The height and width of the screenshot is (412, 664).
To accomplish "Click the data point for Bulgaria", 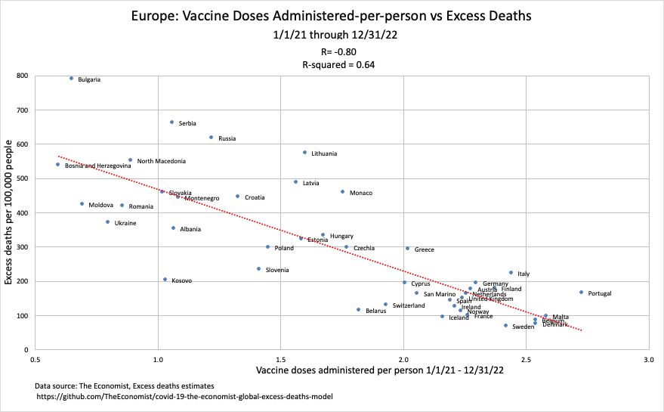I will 72,78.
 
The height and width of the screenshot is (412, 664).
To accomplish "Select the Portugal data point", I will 581,293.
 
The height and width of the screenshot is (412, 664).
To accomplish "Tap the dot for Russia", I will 212,138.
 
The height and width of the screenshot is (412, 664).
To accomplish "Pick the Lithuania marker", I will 304,152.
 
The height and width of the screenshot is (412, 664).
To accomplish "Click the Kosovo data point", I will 165,280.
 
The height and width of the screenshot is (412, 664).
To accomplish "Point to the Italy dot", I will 511,273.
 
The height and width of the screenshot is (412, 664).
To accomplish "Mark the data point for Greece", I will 407,249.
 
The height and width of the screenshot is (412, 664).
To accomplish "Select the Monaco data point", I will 342,192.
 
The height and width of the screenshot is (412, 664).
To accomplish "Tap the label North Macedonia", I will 161,161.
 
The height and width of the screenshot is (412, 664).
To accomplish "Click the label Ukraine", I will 125,223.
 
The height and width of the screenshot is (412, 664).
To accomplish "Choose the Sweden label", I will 523,327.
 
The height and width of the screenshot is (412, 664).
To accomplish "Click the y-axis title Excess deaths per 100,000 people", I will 10,212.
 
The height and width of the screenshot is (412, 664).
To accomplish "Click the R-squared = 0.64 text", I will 332,65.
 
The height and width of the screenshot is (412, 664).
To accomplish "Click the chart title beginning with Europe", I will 332,15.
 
